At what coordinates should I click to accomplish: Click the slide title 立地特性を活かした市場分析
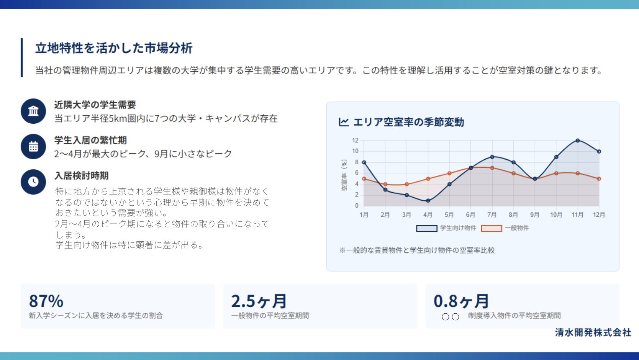(114, 48)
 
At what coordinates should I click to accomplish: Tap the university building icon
(33, 111)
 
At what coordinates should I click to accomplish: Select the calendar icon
(33, 146)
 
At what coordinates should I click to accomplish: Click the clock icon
(33, 182)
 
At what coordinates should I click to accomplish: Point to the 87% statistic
(46, 301)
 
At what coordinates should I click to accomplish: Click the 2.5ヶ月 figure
(259, 301)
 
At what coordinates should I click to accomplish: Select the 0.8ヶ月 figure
(461, 301)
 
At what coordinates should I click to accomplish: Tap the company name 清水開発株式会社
(593, 332)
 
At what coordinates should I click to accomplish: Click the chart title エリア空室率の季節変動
(409, 122)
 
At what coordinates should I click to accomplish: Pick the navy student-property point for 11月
(578, 141)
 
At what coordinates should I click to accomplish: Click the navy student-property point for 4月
(428, 201)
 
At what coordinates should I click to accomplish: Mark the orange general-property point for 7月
(492, 168)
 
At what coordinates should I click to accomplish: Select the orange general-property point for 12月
(599, 179)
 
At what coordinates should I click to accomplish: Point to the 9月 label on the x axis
(535, 214)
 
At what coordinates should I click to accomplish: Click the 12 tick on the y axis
(355, 140)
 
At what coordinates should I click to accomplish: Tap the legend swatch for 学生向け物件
(427, 228)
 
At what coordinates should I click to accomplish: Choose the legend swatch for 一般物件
(492, 228)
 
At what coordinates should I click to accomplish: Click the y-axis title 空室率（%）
(344, 175)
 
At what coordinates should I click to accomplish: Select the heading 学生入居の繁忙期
(90, 140)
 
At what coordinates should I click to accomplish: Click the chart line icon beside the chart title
(344, 122)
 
